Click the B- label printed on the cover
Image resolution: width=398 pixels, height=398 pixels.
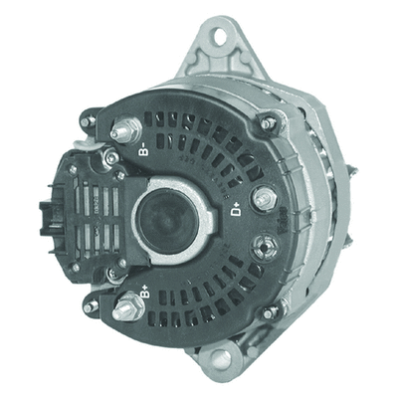(x=145, y=151)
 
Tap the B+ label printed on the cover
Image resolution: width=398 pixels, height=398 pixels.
(x=144, y=292)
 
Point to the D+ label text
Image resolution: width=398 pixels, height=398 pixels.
(x=238, y=209)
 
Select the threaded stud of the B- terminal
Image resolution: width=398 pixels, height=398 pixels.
(x=124, y=128)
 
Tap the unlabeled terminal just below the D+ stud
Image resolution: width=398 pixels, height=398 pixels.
(x=265, y=245)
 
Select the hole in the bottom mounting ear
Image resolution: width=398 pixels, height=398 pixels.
(x=220, y=357)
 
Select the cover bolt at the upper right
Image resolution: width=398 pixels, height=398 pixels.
(x=266, y=123)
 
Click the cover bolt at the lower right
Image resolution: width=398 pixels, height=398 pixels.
(x=269, y=311)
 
